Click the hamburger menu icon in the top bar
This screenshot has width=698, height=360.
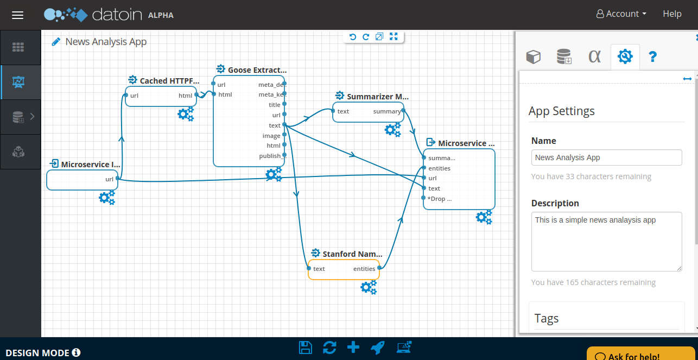[17, 15]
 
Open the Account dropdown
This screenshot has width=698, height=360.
[621, 14]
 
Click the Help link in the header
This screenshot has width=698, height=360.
[672, 14]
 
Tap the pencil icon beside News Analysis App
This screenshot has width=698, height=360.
[56, 42]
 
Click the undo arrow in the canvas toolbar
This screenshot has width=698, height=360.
[352, 37]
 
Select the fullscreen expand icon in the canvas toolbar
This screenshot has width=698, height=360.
[394, 37]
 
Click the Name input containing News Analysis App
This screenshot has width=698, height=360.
[606, 157]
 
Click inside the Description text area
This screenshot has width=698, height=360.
[606, 242]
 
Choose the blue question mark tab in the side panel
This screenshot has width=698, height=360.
[652, 56]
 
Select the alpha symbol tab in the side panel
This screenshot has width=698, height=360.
[594, 56]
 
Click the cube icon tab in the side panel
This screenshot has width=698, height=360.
[533, 56]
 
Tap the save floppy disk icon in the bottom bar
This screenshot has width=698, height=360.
[306, 348]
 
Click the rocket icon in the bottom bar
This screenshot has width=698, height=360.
[378, 348]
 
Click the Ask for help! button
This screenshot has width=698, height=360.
[640, 354]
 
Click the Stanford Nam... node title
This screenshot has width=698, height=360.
[352, 254]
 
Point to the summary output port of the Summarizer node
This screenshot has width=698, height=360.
[403, 110]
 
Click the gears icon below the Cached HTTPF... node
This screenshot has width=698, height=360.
[186, 114]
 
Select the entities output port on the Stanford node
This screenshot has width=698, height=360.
[379, 268]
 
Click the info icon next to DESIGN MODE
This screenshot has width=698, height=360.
[76, 352]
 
